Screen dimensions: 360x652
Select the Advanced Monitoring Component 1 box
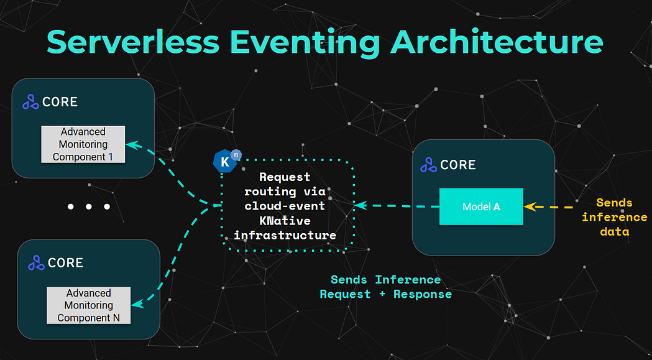83,144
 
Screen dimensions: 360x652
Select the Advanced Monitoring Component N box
88,305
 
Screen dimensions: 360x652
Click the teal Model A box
481,206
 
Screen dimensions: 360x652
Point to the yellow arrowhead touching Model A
529,206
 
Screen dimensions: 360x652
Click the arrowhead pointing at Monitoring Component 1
131,144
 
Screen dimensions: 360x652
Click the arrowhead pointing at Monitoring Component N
136,304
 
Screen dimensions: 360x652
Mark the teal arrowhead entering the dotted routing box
360,205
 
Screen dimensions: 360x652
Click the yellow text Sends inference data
614,217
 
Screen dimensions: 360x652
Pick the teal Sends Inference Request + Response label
385,287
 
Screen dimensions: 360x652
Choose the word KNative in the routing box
285,220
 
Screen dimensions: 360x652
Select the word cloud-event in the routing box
285,206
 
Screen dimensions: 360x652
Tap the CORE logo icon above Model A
428,165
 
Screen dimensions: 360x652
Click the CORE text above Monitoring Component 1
60,102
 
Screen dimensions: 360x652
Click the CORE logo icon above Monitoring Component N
36,263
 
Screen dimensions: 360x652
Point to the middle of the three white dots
89,206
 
